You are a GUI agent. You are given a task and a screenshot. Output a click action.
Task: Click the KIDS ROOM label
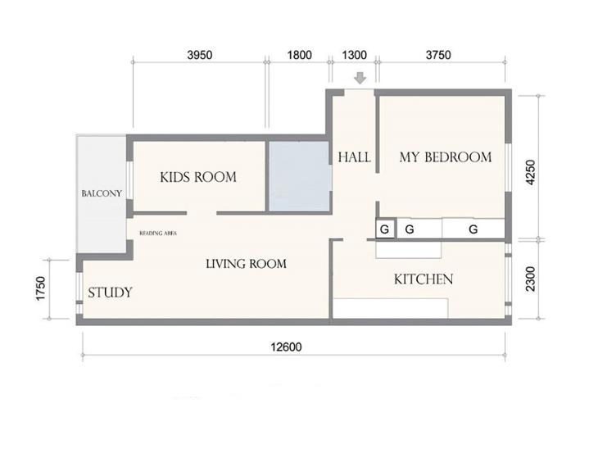pyautogui.click(x=198, y=177)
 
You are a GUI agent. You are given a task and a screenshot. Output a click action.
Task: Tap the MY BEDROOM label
pyautogui.click(x=446, y=157)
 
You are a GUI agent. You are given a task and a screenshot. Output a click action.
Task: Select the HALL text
pyautogui.click(x=355, y=157)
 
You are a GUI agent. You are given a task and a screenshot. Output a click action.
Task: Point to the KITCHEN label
pyautogui.click(x=424, y=279)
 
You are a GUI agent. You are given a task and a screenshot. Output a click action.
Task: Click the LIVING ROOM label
pyautogui.click(x=246, y=264)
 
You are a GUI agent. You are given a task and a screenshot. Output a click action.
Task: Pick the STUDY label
pyautogui.click(x=110, y=293)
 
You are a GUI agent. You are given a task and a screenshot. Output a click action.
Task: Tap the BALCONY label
pyautogui.click(x=102, y=193)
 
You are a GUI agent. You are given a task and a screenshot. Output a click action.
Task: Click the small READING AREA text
pyautogui.click(x=158, y=233)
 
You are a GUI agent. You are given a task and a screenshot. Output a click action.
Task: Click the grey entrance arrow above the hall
pyautogui.click(x=360, y=78)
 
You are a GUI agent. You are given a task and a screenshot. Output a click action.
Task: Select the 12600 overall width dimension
pyautogui.click(x=286, y=347)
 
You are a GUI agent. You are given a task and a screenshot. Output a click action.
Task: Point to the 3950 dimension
pyautogui.click(x=199, y=55)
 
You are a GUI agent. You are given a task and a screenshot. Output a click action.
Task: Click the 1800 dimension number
pyautogui.click(x=299, y=55)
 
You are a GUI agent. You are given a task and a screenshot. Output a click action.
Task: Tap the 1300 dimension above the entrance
pyautogui.click(x=355, y=55)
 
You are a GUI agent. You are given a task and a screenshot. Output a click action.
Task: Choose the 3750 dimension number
pyautogui.click(x=438, y=55)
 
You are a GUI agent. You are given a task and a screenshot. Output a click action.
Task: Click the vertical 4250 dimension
pyautogui.click(x=531, y=172)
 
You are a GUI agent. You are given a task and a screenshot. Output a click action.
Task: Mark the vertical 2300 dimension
pyautogui.click(x=531, y=279)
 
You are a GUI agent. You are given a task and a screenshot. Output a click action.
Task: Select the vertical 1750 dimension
pyautogui.click(x=41, y=288)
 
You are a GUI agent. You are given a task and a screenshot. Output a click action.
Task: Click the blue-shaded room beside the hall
pyautogui.click(x=299, y=176)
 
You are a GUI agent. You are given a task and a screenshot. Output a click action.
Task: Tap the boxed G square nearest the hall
pyautogui.click(x=385, y=229)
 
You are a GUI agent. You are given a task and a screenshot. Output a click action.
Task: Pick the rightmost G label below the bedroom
pyautogui.click(x=473, y=229)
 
